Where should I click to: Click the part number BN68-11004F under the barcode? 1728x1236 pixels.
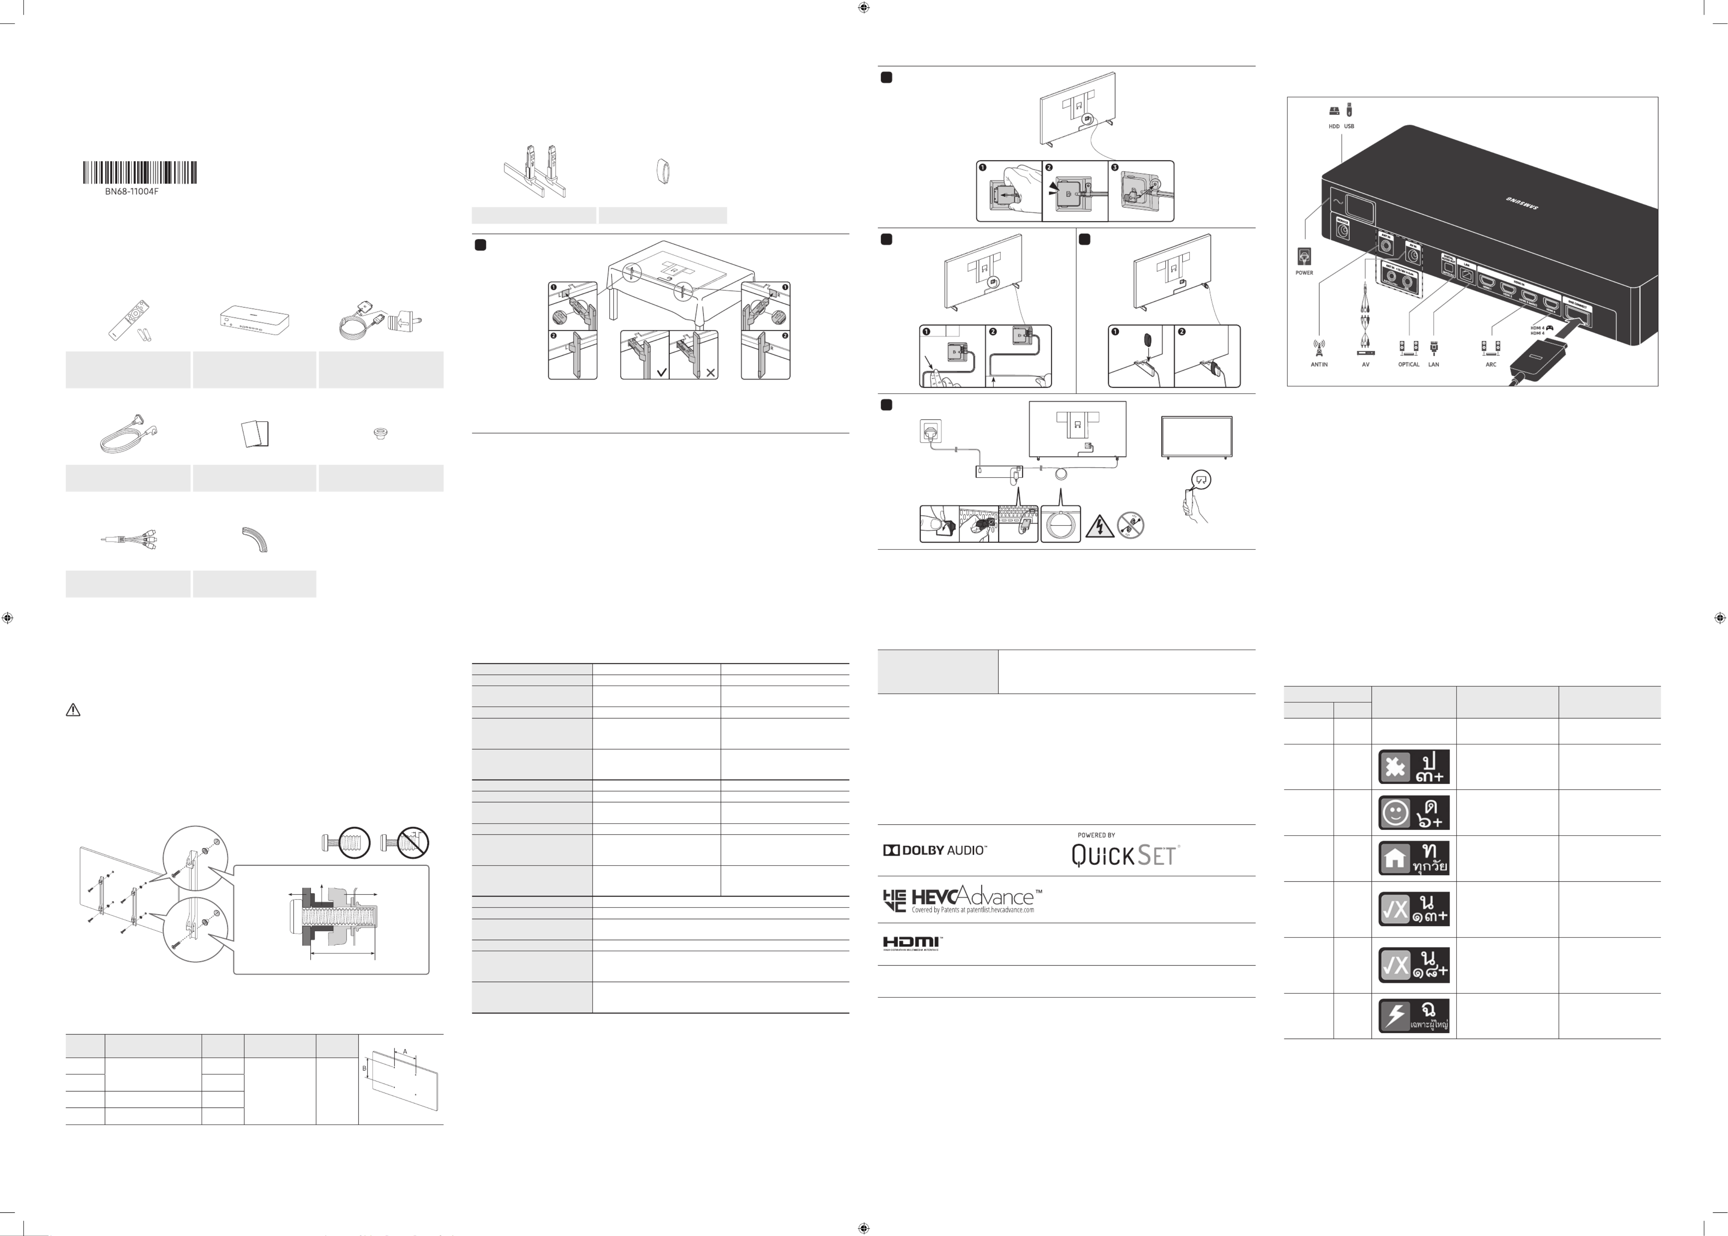tap(132, 192)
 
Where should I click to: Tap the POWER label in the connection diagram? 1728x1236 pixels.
tap(1304, 272)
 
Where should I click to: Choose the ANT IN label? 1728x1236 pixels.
tap(1319, 364)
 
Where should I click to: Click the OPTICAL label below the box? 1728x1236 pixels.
tap(1408, 364)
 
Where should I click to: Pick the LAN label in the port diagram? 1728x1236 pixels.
tap(1434, 364)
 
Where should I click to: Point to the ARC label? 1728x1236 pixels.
tap(1491, 364)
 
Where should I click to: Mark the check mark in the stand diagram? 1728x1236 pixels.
tap(661, 372)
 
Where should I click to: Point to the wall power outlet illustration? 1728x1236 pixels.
tap(930, 431)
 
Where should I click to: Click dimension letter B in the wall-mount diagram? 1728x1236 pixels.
tap(364, 1069)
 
